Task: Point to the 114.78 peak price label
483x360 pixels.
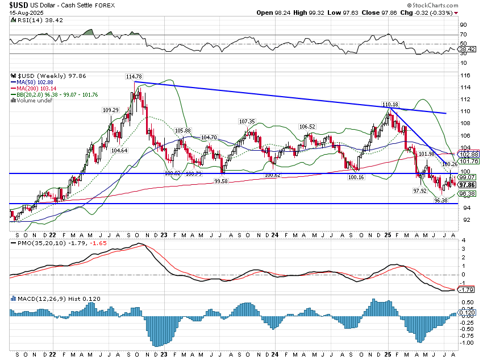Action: (134, 76)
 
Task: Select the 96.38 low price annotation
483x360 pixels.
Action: (441, 200)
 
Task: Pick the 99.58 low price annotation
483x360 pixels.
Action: (224, 180)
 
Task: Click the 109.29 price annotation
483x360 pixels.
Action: (110, 110)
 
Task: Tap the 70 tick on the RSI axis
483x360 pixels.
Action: (464, 35)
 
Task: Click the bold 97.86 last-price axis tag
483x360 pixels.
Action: (467, 185)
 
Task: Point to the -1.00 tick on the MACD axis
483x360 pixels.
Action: (467, 343)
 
